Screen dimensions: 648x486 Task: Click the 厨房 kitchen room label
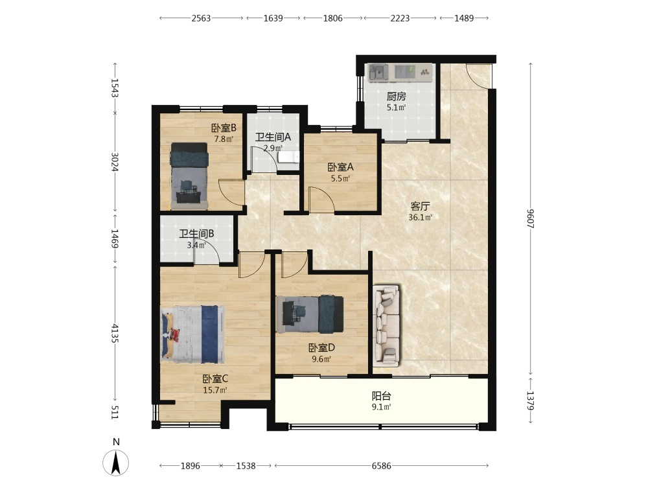[397, 97]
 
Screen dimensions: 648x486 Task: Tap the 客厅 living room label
[421, 206]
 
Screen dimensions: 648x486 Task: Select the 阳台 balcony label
[382, 396]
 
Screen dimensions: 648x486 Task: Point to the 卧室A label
[341, 167]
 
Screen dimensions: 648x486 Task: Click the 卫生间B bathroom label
[196, 234]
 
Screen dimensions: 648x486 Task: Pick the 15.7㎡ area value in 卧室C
[215, 389]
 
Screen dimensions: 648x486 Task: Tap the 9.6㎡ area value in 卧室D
[321, 359]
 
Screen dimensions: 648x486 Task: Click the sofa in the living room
[387, 326]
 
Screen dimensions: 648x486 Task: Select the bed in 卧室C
[193, 334]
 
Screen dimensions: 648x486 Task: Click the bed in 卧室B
[189, 176]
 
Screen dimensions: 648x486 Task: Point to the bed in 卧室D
[310, 314]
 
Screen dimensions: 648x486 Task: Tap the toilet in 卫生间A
[288, 157]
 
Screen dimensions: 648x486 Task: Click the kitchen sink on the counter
[378, 73]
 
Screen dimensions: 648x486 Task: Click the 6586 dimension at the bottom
[381, 466]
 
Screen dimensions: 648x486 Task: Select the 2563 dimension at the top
[201, 18]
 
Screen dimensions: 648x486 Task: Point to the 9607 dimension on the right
[531, 218]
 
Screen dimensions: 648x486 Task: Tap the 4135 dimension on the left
[115, 333]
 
